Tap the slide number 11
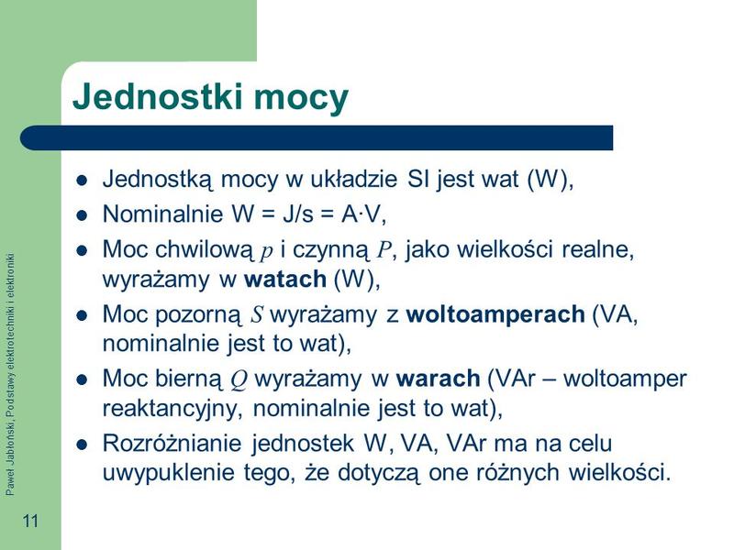pos(30,522)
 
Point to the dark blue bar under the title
pos(317,137)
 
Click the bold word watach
pos(284,279)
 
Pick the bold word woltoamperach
pos(495,314)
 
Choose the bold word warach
pos(439,379)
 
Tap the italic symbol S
pos(258,315)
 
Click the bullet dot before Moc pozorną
pos(82,314)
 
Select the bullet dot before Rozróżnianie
pos(82,444)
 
